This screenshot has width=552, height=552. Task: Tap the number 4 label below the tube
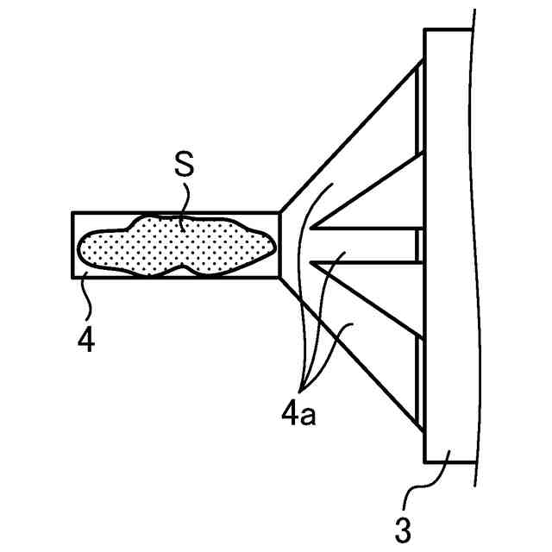coord(85,339)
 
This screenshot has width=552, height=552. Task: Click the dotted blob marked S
coord(172,247)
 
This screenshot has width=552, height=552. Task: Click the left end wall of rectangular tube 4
coord(72,245)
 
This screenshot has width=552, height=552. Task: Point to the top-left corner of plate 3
coord(426,30)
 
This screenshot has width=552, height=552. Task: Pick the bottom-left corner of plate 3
coord(426,461)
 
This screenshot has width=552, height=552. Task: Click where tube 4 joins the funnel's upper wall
coord(279,212)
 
